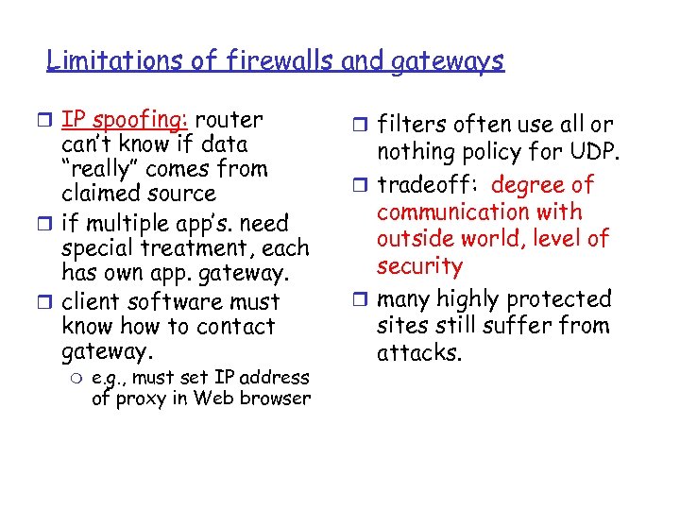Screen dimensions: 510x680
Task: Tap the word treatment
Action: click(x=179, y=248)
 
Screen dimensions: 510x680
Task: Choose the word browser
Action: click(x=275, y=398)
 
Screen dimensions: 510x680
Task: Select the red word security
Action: click(x=419, y=266)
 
